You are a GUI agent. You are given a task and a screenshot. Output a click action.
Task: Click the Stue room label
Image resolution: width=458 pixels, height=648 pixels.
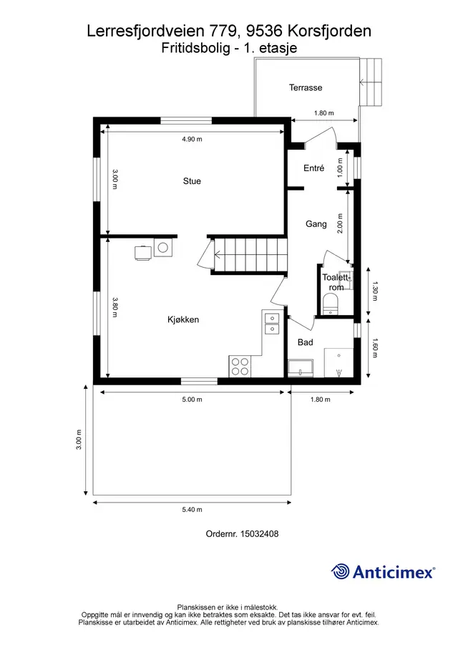point(192,181)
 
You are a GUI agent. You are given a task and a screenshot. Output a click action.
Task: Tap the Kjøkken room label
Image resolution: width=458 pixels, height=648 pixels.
point(183,319)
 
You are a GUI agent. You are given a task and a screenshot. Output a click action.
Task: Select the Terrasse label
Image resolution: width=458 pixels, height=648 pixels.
point(306,87)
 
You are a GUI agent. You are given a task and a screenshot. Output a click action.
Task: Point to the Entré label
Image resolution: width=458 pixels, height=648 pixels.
point(314,168)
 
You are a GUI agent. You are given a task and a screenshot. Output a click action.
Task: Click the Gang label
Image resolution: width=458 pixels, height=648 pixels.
point(316,224)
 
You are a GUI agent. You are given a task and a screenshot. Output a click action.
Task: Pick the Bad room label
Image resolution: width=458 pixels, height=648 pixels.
point(305,342)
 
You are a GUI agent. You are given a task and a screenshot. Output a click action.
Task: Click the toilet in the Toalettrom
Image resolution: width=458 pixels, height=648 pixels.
point(330,304)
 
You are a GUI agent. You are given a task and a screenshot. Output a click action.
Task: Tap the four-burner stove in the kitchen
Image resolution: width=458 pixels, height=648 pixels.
point(240,366)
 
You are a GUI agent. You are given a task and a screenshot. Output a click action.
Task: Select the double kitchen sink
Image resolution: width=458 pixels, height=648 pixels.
point(272,323)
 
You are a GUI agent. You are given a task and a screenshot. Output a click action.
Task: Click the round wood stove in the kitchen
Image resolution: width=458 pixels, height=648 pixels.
point(164,248)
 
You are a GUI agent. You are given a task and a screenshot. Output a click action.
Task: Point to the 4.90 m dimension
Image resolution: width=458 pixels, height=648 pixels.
point(192,140)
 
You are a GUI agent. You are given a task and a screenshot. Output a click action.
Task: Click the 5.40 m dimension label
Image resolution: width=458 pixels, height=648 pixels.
point(192,510)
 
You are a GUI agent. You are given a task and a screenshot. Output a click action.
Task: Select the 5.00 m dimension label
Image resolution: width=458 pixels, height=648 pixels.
point(192,400)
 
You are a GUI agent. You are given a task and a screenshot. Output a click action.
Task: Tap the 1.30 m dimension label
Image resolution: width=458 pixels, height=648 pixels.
point(375,291)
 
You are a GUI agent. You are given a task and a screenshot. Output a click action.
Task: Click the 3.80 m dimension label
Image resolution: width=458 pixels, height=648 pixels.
point(115,307)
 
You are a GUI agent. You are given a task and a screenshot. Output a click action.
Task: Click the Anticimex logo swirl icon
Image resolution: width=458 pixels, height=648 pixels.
point(340,571)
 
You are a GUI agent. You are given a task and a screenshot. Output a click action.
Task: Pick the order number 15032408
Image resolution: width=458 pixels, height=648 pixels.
point(259,533)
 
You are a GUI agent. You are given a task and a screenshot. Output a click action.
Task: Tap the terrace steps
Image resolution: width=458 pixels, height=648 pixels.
point(371,82)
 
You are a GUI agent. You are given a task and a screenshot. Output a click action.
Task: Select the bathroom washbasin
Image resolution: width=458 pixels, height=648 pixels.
point(301,368)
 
